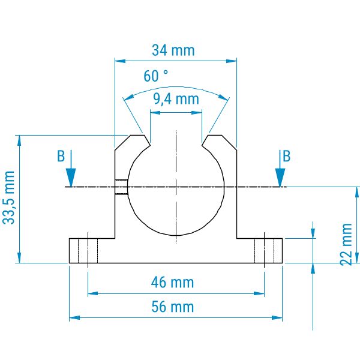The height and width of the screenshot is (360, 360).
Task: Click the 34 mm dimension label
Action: click(173, 50)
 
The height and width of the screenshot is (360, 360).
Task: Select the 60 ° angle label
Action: click(155, 76)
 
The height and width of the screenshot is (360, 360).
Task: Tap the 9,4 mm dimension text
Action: click(176, 99)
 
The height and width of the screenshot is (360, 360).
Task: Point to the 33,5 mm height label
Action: click(9, 197)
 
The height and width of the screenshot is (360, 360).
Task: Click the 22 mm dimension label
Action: click(346, 245)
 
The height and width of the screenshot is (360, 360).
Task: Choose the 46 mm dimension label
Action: click(172, 283)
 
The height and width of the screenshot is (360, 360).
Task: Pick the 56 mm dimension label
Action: click(173, 307)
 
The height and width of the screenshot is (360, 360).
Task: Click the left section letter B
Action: click(61, 156)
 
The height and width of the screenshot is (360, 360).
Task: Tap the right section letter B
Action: click(287, 156)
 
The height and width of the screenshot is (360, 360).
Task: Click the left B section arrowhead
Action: click(71, 178)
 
